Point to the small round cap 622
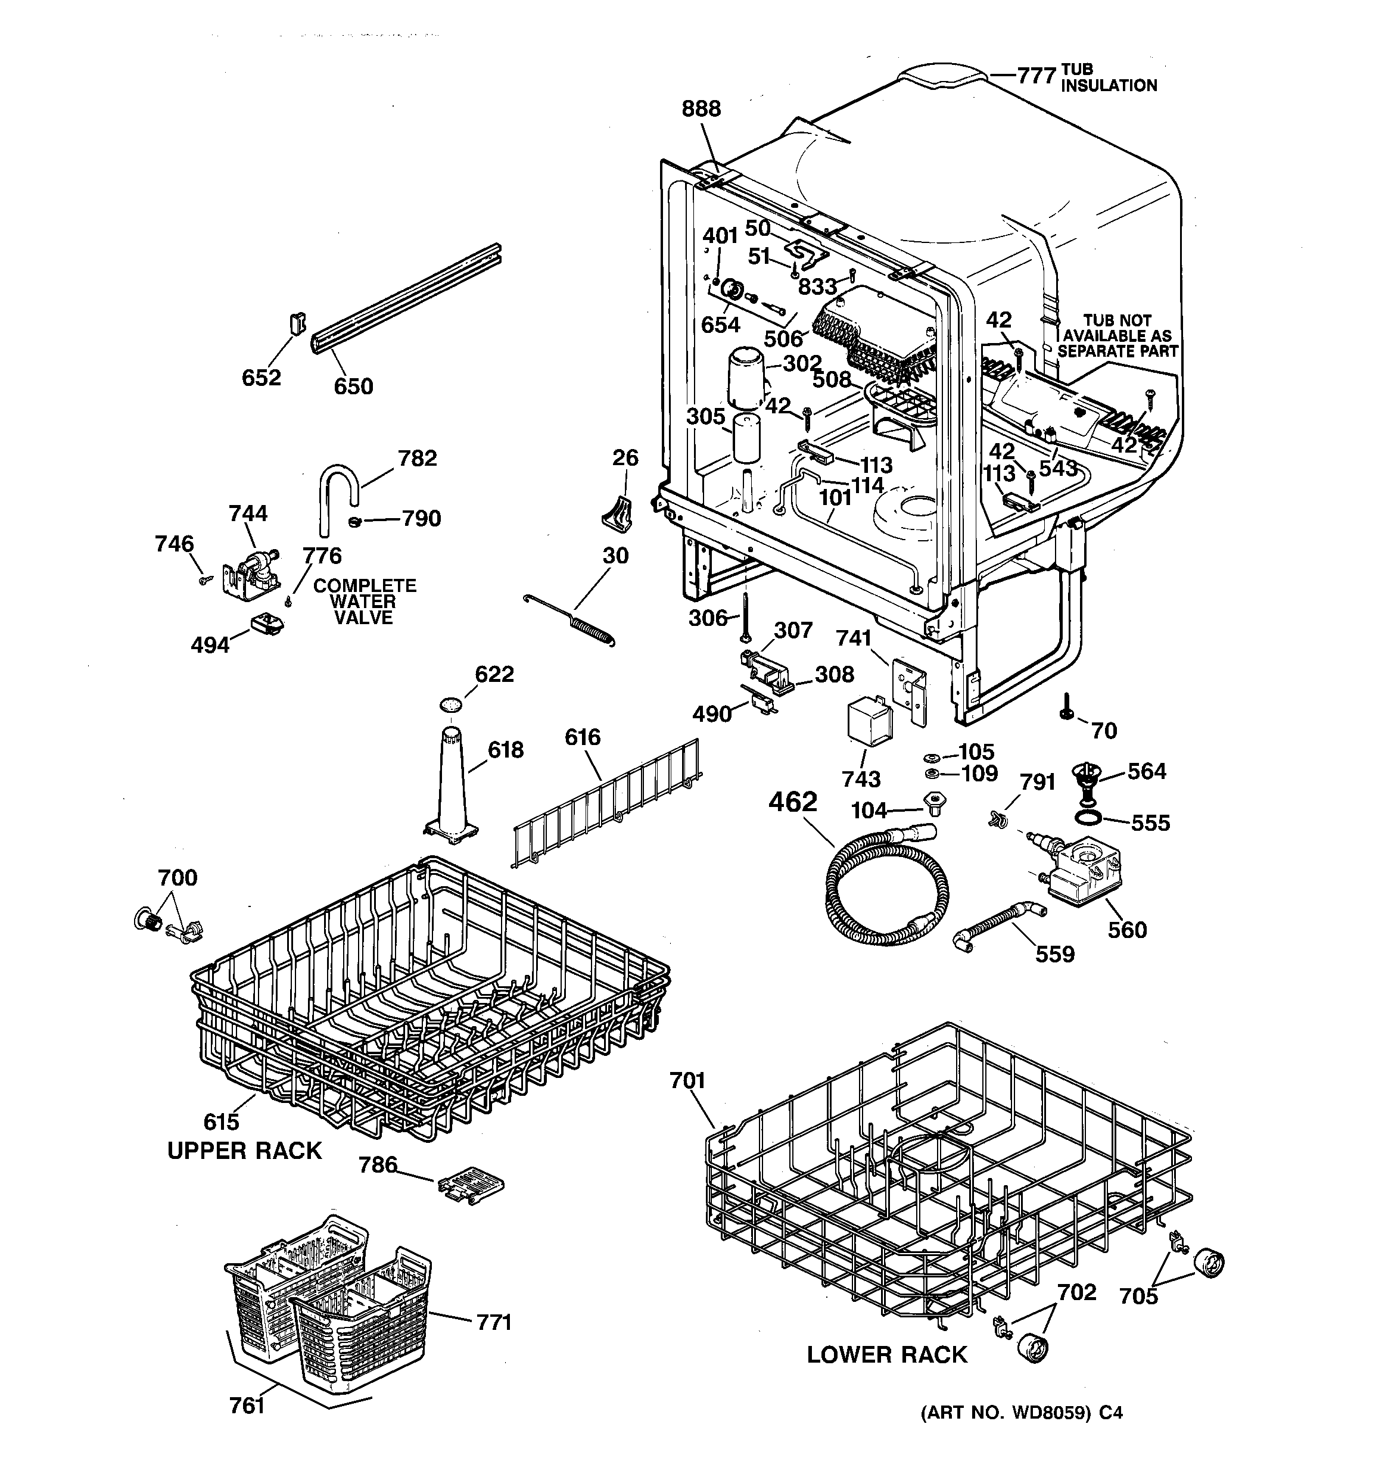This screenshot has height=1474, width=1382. (450, 703)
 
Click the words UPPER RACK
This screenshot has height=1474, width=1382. (244, 1151)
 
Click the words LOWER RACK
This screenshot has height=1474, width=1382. (886, 1355)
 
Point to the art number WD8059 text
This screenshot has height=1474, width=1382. (1021, 1413)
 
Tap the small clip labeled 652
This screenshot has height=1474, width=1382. (297, 325)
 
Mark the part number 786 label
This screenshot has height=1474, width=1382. (378, 1165)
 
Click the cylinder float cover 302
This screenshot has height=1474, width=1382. (746, 379)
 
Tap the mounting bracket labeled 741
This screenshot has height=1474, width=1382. (910, 687)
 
